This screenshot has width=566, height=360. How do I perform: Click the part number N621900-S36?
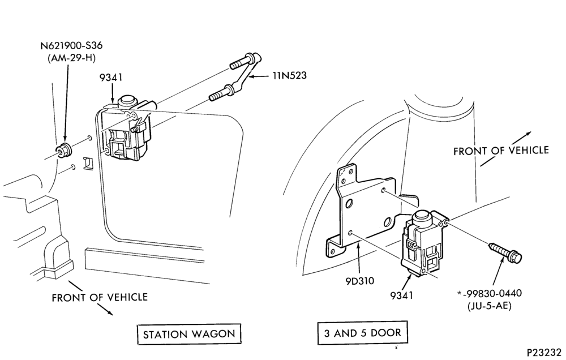71,46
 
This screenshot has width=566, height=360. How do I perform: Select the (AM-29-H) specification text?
71,58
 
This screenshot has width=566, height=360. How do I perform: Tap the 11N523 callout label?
289,75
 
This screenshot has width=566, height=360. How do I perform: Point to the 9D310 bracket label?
360,281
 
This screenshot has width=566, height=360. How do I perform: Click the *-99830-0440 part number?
490,294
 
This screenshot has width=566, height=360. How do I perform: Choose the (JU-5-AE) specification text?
490,306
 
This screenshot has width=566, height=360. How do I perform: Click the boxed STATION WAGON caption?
189,334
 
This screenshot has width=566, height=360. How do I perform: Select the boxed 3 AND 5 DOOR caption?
362,333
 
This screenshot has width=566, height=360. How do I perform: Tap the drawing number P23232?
546,353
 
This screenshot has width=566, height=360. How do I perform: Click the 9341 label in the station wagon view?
111,78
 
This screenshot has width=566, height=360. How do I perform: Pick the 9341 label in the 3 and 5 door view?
401,295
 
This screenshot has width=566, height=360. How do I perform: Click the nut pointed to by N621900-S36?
65,150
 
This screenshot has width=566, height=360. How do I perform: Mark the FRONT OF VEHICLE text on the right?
501,151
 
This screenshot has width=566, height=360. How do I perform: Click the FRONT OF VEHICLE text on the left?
100,297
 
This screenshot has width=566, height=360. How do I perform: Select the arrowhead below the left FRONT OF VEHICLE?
110,312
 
